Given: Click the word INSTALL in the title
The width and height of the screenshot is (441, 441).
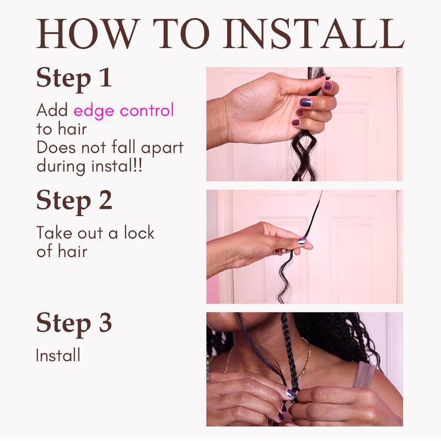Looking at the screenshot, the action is coord(314,34).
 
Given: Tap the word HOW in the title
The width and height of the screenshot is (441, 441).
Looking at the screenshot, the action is coord(88,34).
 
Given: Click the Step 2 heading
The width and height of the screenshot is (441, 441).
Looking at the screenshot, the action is coord(74,201).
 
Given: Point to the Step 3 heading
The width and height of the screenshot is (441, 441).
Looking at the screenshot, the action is coord(74,324).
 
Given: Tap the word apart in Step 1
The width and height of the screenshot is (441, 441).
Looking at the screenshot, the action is coord(162,148).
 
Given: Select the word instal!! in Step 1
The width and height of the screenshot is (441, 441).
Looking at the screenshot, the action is coord(117,165).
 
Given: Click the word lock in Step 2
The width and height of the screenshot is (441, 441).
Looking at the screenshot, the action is coord(139,232).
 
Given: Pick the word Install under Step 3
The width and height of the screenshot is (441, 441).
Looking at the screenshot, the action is coord(58,355).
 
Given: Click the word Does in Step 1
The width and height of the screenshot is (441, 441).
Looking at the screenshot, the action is coord(56,147).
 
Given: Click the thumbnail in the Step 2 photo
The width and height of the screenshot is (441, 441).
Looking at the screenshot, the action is coord(302,241).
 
